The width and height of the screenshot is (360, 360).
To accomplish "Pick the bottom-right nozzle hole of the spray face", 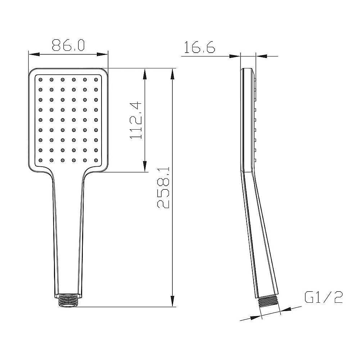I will tap(96, 160).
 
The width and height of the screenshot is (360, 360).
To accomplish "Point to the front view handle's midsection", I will tap(68, 234).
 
